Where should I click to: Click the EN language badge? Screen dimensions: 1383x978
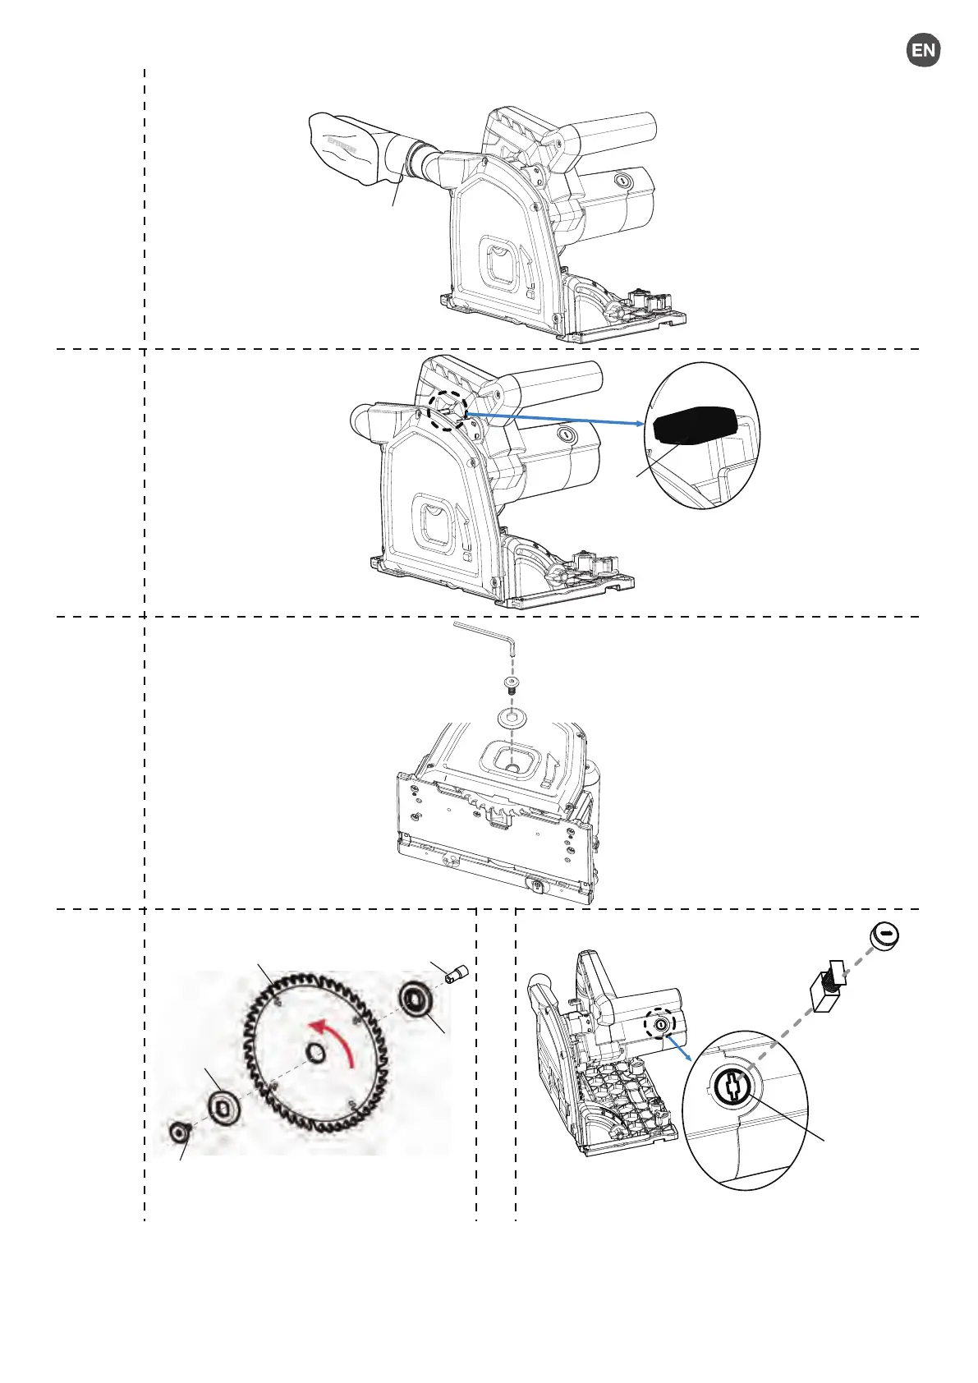coord(923,50)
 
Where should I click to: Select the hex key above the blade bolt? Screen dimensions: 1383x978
coord(484,633)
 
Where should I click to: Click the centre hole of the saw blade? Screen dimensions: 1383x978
coord(315,1053)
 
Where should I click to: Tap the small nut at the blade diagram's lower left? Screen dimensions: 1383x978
coord(178,1133)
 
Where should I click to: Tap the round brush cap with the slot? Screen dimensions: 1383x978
coord(884,935)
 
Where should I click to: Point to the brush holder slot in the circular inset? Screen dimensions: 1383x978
coord(730,1087)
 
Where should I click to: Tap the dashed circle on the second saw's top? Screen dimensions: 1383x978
coord(448,408)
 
